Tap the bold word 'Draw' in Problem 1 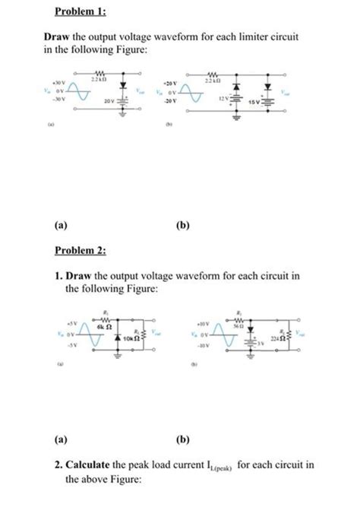point(57,36)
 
